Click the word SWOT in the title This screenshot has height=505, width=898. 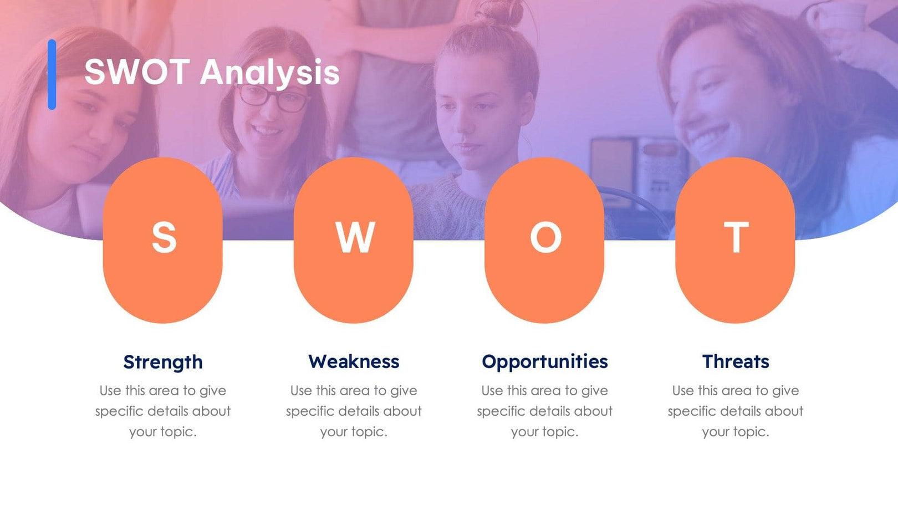click(136, 72)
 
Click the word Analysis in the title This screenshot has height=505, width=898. click(269, 73)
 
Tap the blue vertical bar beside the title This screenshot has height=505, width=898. click(52, 74)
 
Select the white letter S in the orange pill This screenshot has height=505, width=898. click(164, 237)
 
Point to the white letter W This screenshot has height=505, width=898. click(355, 237)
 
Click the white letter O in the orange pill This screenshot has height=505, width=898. click(545, 237)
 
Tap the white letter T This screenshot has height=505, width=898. click(736, 237)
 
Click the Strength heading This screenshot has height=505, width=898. click(163, 362)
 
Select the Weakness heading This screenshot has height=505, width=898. click(354, 361)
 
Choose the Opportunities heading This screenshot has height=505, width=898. click(545, 361)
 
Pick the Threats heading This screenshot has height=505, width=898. click(736, 361)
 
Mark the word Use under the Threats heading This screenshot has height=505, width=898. click(683, 391)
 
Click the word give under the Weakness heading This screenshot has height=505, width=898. click(404, 391)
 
